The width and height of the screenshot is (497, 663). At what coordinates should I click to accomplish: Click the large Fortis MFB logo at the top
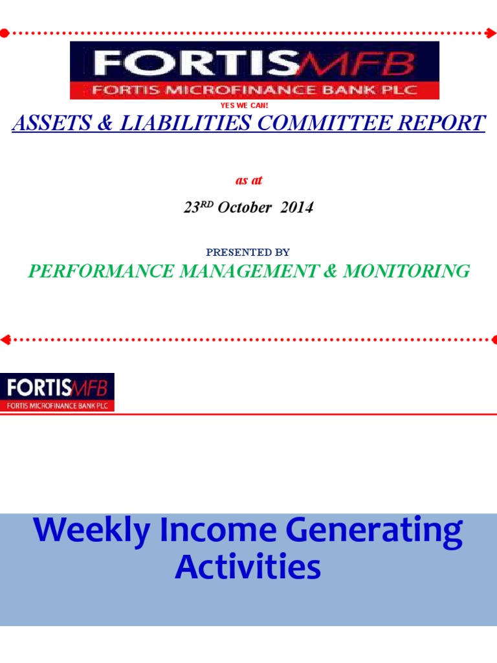point(254,70)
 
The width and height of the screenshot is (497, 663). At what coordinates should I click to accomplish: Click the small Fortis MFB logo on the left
point(58,392)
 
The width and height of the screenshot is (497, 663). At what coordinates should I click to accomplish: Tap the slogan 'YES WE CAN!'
point(249,105)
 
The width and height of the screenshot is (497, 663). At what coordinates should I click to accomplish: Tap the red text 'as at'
point(249,180)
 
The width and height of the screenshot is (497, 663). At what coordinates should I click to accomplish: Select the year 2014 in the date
point(298,208)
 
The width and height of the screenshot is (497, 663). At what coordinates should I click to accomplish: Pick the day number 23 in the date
point(190,208)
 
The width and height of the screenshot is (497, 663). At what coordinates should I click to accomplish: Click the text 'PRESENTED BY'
point(248,252)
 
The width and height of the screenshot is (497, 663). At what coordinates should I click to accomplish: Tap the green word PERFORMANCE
point(95,271)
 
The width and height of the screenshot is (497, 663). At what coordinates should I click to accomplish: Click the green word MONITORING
point(406,271)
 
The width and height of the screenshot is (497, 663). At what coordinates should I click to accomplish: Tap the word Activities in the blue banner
point(248,567)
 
